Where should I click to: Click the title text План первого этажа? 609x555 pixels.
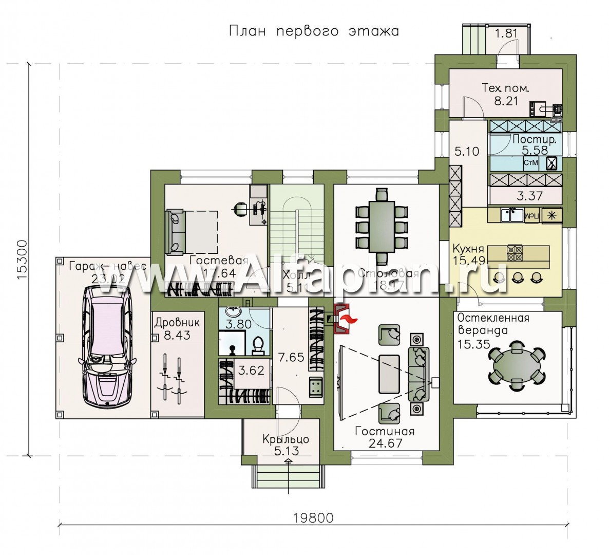pos(313,31)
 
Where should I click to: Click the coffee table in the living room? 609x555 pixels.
pos(389,374)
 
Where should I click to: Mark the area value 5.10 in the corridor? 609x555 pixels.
pos(466,152)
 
